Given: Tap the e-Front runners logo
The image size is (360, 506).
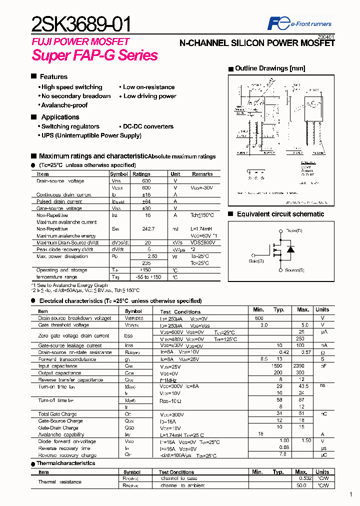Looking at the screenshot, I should click(299, 23).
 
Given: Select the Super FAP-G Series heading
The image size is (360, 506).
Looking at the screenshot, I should click(95, 55).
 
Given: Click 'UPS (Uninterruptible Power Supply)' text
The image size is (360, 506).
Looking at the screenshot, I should click(91, 135).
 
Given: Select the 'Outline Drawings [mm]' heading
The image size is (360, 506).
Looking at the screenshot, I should click(270, 68).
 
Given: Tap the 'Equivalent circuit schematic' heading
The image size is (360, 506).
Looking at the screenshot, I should click(280, 214).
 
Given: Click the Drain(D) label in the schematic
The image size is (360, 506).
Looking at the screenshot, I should click(294, 230).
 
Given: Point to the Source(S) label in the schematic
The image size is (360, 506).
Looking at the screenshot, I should click(294, 270).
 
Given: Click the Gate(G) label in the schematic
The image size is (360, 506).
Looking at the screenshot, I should click(256, 260).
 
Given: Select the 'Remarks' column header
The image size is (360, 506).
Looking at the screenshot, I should click(202, 174).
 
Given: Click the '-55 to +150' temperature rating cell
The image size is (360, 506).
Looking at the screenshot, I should click(145, 276).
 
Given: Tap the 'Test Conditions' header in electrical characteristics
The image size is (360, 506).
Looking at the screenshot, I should click(180, 311).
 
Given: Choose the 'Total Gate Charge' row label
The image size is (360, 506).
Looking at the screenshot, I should click(57, 414).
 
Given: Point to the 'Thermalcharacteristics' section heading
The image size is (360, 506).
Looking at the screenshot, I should click(65, 463).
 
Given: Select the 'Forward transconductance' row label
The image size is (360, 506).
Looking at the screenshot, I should click(67, 359).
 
